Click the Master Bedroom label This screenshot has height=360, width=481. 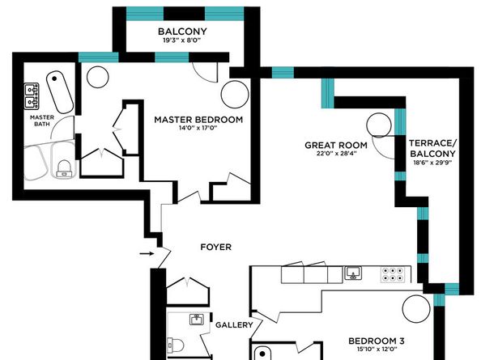198,120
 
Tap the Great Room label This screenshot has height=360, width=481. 336,146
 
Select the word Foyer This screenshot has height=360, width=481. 215,247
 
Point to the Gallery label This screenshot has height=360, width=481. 234,324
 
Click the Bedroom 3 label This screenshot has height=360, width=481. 377,341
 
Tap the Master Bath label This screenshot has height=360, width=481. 42,121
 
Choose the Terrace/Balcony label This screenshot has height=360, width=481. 433,148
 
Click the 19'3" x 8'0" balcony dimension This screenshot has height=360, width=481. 182,40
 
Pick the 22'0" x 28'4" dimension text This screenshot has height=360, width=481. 336,154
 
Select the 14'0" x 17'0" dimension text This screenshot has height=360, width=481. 198,128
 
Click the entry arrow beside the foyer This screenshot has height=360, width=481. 147,253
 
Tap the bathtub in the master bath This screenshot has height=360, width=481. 60,92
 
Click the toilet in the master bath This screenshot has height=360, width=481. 65,169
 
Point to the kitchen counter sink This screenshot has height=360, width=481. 353,273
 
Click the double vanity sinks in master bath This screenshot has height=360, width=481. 32,95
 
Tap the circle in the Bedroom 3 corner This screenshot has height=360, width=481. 416,309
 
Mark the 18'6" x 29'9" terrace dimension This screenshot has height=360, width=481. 432,163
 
